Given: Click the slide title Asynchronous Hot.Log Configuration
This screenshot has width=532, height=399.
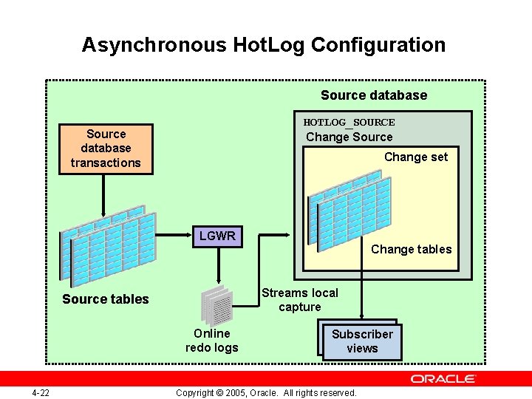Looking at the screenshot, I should (x=263, y=45).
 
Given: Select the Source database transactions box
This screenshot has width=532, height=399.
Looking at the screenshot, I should (x=106, y=149).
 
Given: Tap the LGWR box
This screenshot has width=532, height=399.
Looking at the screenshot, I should (x=216, y=236).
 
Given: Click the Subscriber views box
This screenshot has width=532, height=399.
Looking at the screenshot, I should (x=362, y=341).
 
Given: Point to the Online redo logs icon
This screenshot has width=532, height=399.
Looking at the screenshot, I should (x=216, y=304).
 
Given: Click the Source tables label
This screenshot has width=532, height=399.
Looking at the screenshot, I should (x=105, y=299).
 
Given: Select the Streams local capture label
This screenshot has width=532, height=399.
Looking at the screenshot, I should (x=299, y=300).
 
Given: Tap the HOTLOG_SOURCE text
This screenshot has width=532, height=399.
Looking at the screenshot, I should (x=349, y=122).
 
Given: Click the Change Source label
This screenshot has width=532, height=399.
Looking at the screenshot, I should (x=349, y=137).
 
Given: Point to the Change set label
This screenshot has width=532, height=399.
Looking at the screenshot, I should (x=415, y=157).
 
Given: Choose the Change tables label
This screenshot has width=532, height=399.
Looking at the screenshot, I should (x=411, y=249).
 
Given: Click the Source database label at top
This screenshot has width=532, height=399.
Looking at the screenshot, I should (x=373, y=95).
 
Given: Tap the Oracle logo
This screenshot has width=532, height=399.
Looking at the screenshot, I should (x=443, y=379).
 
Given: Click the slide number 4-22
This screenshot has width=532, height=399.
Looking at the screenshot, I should (x=41, y=392).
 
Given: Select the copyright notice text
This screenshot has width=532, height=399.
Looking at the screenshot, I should (x=266, y=392).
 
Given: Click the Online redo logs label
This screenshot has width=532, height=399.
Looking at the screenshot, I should (x=211, y=341).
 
